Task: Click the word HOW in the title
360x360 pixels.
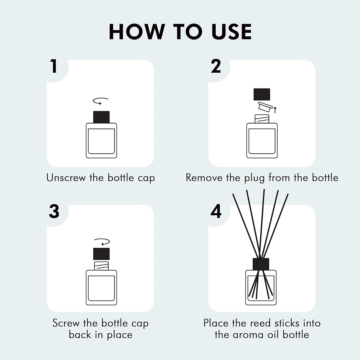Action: [137, 32]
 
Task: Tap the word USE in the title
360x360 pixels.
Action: [231, 32]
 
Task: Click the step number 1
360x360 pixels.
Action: [54, 66]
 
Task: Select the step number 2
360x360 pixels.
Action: [216, 66]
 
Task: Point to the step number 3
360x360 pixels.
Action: [54, 211]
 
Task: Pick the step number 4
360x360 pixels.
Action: [216, 211]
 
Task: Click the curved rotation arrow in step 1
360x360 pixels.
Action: [100, 101]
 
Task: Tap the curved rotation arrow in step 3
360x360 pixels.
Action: [102, 242]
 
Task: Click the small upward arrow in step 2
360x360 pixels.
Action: [275, 110]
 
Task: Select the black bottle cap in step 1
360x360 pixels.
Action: [101, 117]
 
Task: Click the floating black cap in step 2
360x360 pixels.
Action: [262, 94]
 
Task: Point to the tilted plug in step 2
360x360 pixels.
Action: [265, 107]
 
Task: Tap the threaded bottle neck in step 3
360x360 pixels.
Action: [101, 266]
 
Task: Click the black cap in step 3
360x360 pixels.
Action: [101, 254]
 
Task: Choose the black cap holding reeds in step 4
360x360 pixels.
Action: [261, 264]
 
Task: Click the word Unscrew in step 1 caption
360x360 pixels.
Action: [66, 178]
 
